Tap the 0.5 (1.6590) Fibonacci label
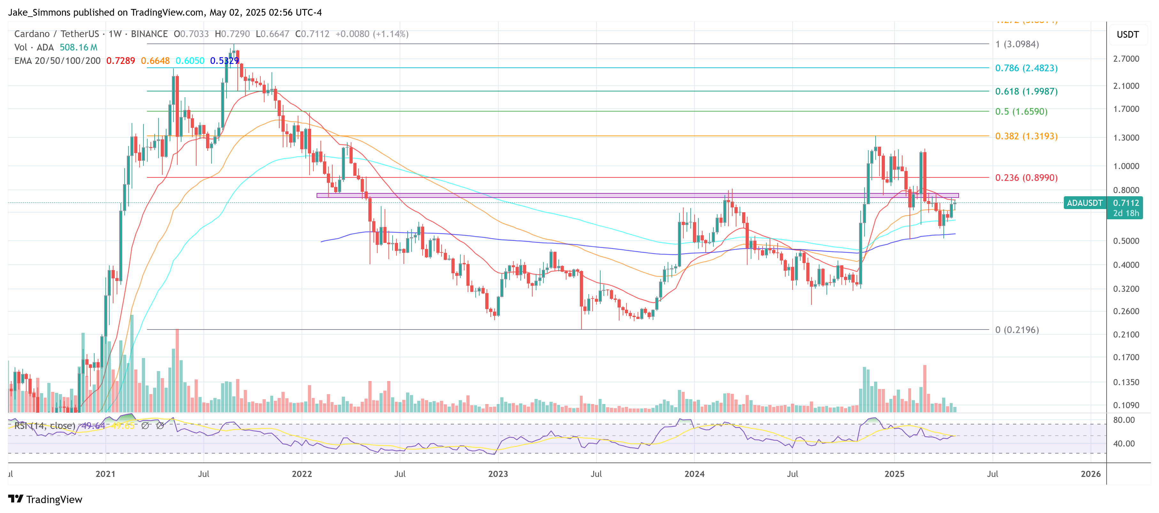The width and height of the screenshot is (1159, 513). [x=1021, y=112]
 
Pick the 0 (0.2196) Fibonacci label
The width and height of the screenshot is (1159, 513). [x=1017, y=330]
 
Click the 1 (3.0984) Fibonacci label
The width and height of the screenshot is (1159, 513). [x=1017, y=44]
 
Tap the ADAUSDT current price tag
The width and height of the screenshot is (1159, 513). [x=1084, y=203]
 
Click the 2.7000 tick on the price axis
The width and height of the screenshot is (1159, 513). [x=1126, y=59]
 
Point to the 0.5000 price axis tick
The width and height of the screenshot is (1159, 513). [x=1126, y=241]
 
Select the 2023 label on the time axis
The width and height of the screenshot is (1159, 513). [x=498, y=474]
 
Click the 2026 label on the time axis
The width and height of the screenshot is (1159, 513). [x=1091, y=474]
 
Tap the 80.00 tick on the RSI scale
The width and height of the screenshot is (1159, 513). [x=1124, y=420]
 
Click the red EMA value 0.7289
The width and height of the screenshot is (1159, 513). [x=120, y=61]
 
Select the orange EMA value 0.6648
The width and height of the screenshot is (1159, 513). [x=155, y=61]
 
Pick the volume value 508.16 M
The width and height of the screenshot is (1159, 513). [x=78, y=47]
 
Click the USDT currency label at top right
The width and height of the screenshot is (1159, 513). [x=1127, y=35]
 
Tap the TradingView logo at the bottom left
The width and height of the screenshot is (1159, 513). [x=45, y=500]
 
